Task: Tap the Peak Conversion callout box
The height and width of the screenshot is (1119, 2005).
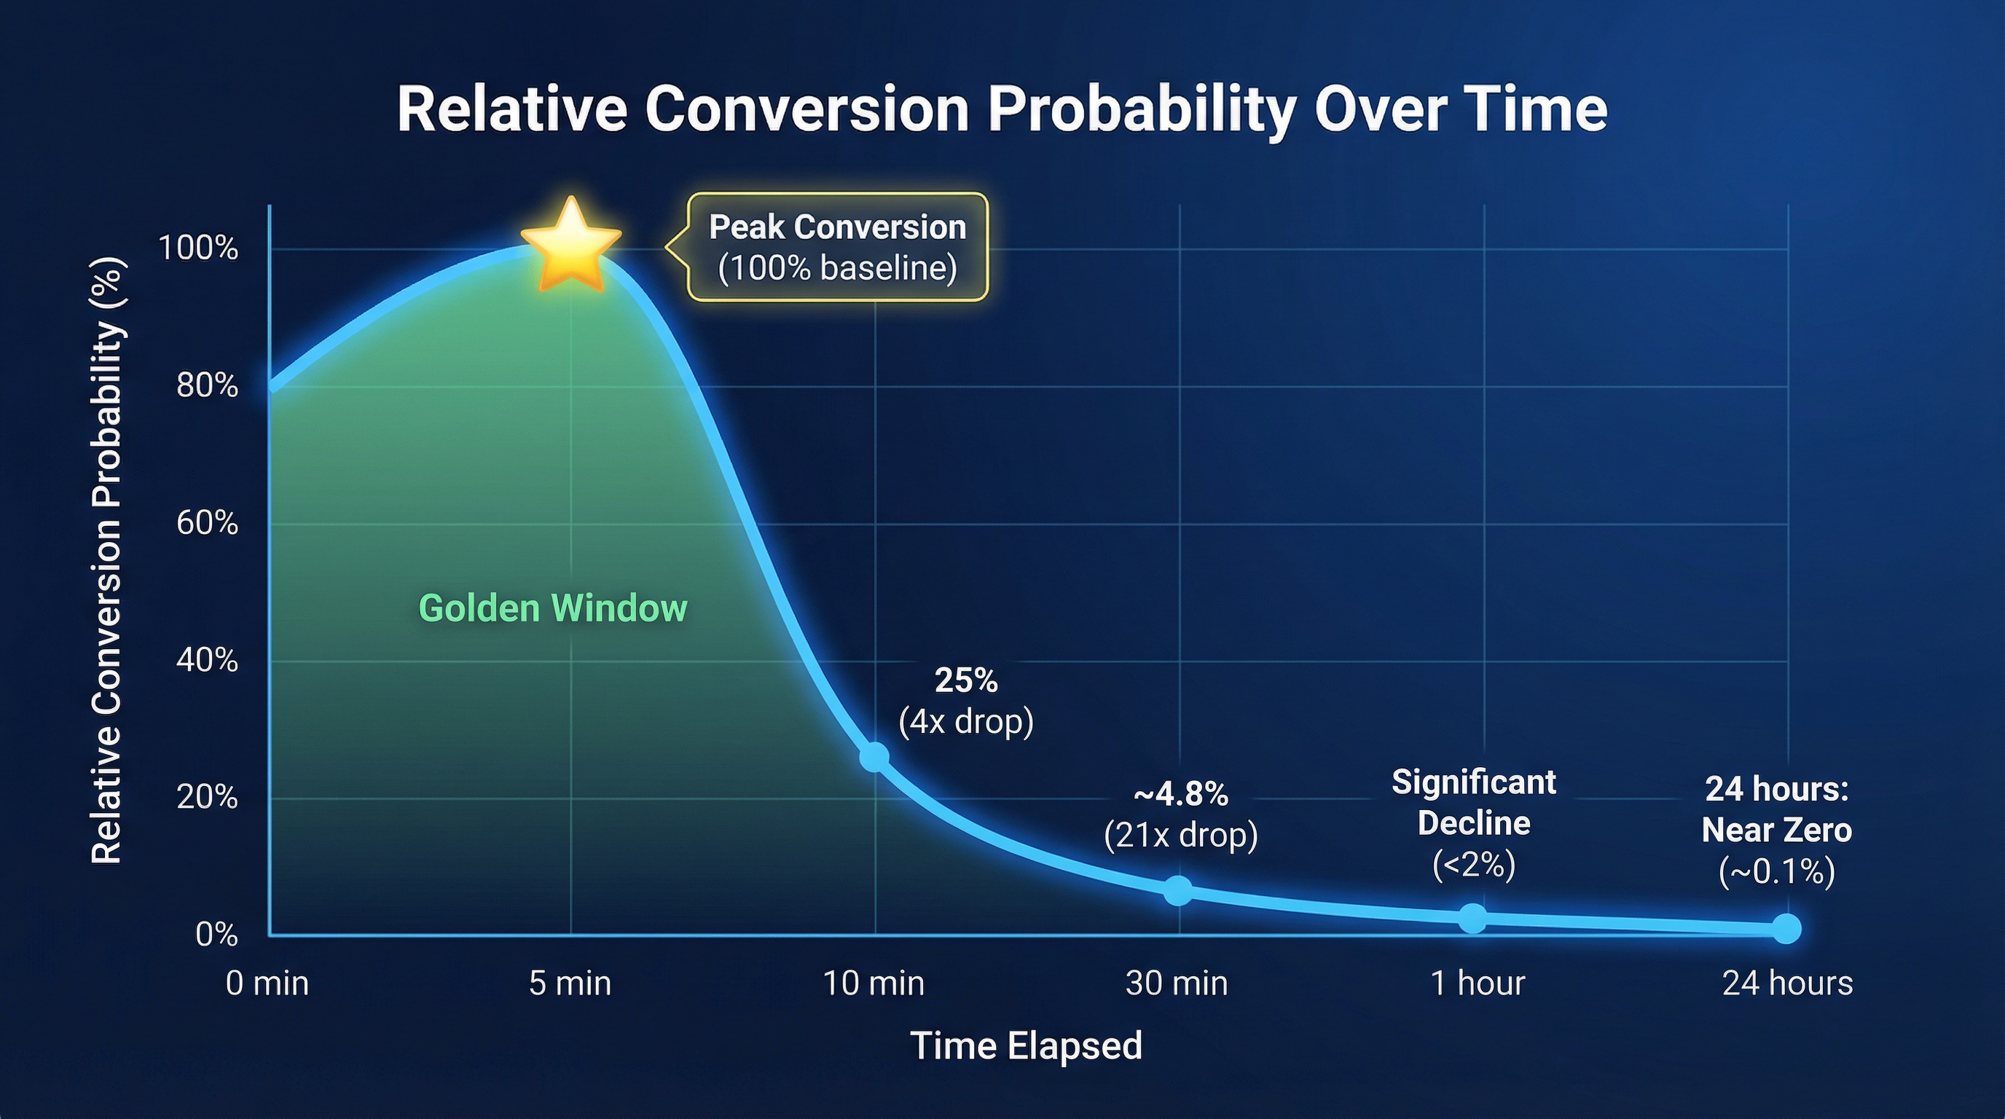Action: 836,248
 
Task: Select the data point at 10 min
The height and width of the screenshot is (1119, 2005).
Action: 874,756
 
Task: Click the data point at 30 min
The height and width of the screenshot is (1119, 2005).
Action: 1177,890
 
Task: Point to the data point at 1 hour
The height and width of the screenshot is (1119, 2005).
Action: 1472,918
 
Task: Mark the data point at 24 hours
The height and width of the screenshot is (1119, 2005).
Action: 1786,928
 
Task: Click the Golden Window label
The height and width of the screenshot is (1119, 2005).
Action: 553,608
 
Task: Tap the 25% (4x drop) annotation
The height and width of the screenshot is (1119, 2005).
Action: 966,701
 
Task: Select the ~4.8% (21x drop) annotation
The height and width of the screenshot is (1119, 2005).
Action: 1181,814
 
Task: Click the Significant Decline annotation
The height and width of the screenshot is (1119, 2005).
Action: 1473,823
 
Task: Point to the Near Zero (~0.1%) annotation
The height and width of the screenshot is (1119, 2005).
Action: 1776,831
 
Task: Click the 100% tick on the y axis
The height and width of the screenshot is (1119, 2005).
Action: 197,248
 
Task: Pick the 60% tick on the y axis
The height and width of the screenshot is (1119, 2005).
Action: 207,523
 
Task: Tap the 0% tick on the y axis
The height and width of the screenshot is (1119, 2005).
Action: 216,934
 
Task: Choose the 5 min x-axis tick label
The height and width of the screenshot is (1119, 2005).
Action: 570,983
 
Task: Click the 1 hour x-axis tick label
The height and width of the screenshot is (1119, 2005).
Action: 1478,983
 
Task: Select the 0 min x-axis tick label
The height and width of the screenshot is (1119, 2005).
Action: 267,983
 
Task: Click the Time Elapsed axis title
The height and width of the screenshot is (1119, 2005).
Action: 1026,1045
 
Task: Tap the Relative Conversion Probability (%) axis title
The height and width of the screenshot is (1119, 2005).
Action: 106,560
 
